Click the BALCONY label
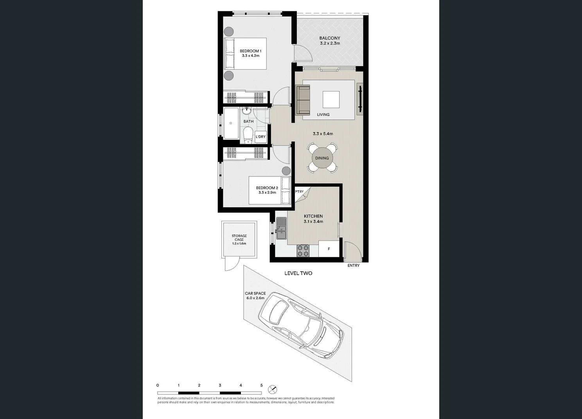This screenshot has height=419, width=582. coord(329,38)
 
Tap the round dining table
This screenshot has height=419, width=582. coord(322,158)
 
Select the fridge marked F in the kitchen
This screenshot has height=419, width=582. coord(329,249)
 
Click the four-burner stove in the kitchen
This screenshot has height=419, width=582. coord(303,251)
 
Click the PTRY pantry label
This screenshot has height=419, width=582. coord(299,192)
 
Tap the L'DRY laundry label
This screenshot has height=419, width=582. coord(260,137)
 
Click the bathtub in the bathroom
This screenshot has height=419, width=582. coord(231,123)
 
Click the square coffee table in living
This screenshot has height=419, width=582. coord(331,99)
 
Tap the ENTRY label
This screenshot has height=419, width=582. coord(353,266)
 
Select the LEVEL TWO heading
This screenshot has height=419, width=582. coord(298,273)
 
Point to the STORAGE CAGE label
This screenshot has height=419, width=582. coord(239,238)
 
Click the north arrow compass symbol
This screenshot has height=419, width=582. coord(273,389)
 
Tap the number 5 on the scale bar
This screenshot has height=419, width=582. coord(261,385)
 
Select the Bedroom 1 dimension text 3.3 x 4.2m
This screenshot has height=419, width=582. coord(250,56)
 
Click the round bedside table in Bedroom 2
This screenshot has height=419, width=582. coord(286,171)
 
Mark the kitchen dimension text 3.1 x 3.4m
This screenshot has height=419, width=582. coord(313,222)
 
